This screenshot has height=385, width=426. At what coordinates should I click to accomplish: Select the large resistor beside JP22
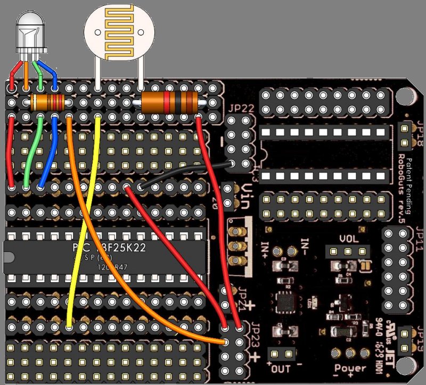pos(170,101)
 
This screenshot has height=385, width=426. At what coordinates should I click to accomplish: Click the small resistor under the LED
pos(48,101)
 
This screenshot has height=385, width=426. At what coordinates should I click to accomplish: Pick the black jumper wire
pos(186,176)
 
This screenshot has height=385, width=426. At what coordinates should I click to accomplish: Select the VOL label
pos(349,239)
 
